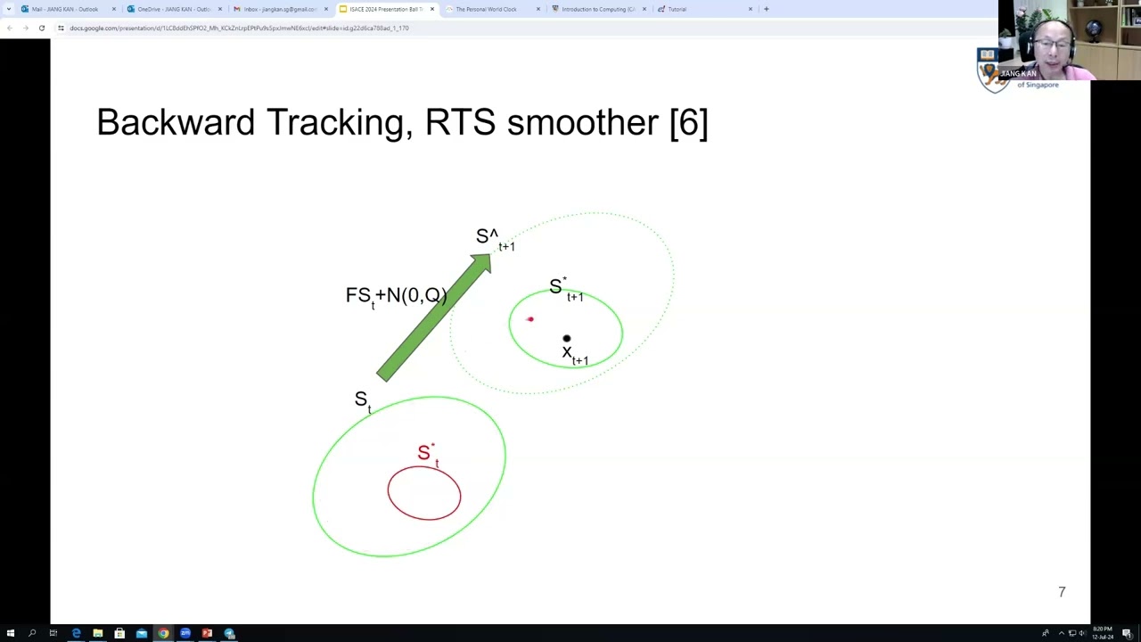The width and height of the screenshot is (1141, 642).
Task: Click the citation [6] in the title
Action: click(x=688, y=122)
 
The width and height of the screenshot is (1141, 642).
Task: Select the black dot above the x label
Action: click(x=566, y=339)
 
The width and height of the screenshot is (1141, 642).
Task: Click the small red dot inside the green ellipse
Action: click(x=529, y=319)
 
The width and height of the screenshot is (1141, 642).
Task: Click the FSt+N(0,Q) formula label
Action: click(x=396, y=296)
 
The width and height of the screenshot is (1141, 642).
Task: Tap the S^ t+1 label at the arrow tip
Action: click(x=494, y=238)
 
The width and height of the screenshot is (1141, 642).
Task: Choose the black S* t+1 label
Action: click(x=565, y=288)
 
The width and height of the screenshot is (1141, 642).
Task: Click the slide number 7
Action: click(x=1062, y=592)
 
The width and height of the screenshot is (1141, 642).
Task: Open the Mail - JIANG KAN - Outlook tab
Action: click(x=65, y=9)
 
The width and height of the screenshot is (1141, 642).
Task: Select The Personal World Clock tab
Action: click(x=486, y=9)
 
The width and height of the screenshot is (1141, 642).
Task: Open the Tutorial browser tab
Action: click(x=677, y=9)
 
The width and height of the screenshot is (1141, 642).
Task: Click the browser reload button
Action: click(x=41, y=28)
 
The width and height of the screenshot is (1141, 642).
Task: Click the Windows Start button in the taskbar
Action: click(x=10, y=633)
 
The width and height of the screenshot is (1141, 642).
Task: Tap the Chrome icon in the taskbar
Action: click(x=163, y=633)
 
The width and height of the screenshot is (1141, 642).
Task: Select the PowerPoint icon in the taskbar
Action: click(x=207, y=633)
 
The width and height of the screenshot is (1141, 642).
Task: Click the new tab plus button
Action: click(x=766, y=9)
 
